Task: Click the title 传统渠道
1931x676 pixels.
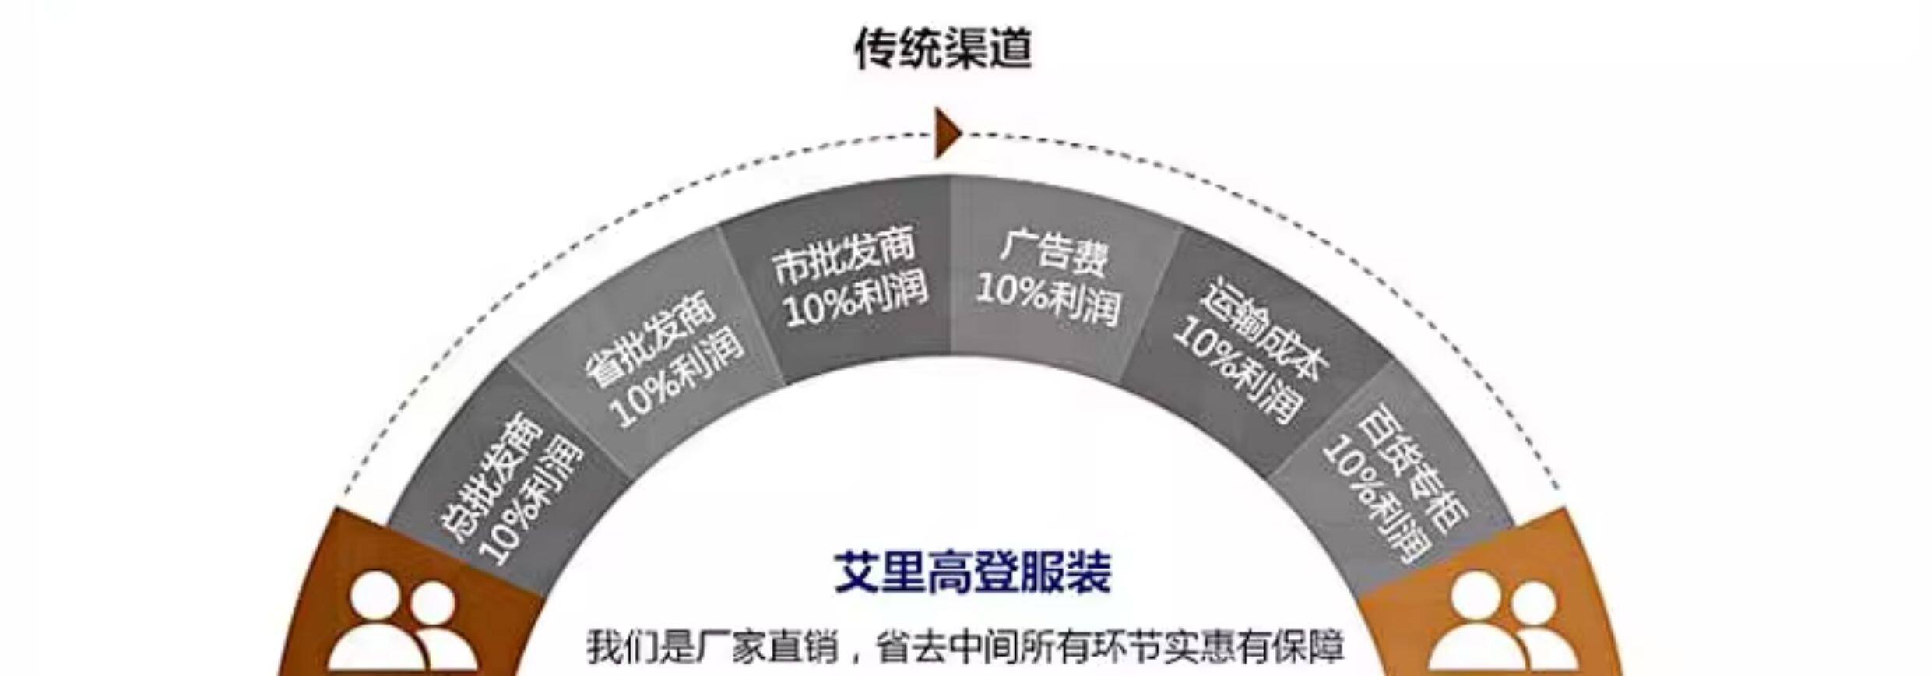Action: (943, 48)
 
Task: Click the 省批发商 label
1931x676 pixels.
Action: (650, 340)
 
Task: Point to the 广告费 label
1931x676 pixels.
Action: (1053, 251)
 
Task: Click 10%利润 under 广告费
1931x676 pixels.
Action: (1049, 298)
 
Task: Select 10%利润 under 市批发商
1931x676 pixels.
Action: (856, 301)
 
